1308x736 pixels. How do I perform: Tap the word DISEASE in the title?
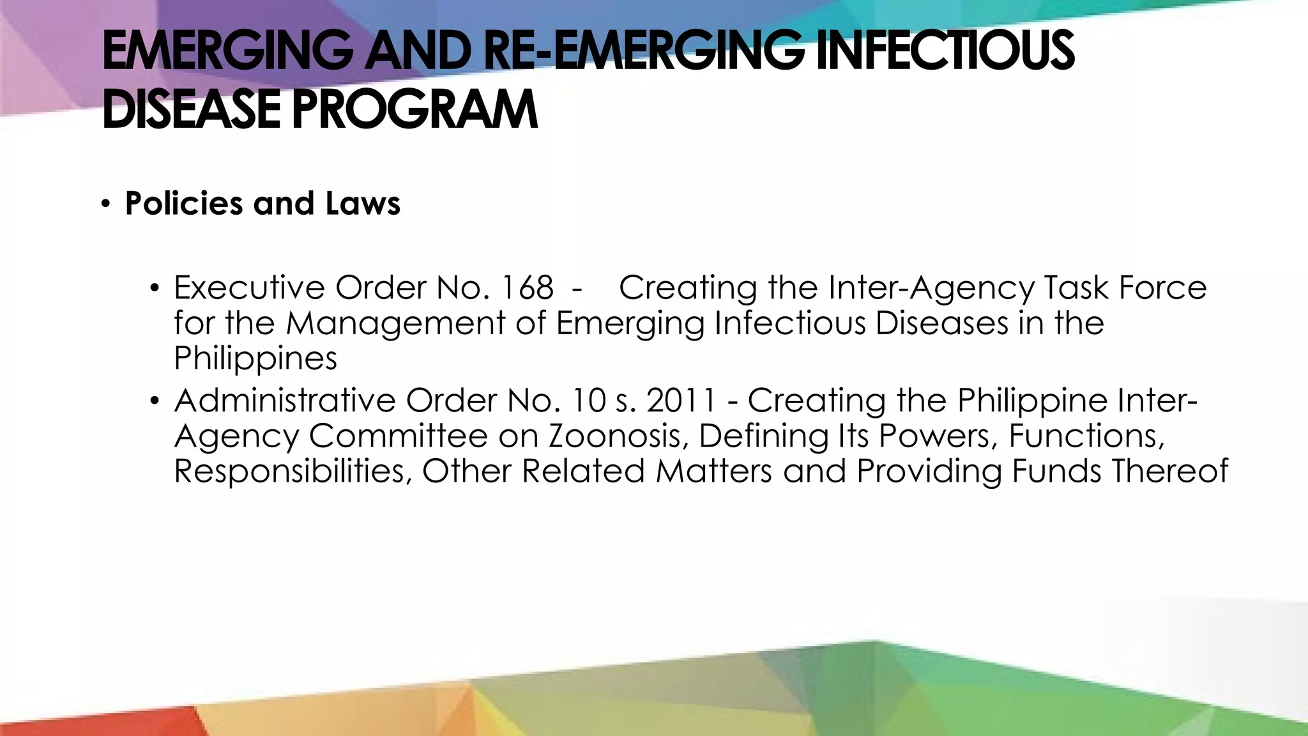click(191, 110)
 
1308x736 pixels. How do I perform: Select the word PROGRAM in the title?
click(414, 110)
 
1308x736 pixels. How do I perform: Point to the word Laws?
click(362, 204)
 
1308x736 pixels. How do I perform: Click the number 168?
click(527, 288)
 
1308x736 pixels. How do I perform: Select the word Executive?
click(249, 288)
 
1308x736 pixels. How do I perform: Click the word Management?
click(395, 323)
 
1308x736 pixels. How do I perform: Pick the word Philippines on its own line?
click(255, 359)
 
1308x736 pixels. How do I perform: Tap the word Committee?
click(399, 436)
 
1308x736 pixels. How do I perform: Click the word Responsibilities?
click(293, 471)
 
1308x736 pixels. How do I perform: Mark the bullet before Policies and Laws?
click(106, 204)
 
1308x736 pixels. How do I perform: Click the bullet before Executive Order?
click(154, 289)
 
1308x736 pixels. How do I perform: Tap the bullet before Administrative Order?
click(154, 402)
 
